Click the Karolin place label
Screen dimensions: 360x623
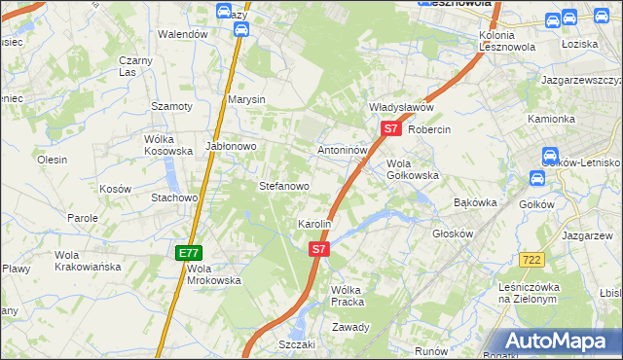315,224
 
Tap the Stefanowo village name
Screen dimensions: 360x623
283,186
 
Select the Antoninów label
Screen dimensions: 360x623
343,151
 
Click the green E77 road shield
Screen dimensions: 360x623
188,253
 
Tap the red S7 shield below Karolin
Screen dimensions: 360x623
319,250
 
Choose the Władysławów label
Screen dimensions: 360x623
400,107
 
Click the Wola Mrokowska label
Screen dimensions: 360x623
213,274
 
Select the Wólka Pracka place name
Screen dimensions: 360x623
347,296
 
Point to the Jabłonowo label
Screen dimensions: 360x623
231,147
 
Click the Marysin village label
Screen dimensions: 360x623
247,99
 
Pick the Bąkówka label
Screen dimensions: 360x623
476,202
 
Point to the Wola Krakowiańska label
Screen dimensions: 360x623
88,260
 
